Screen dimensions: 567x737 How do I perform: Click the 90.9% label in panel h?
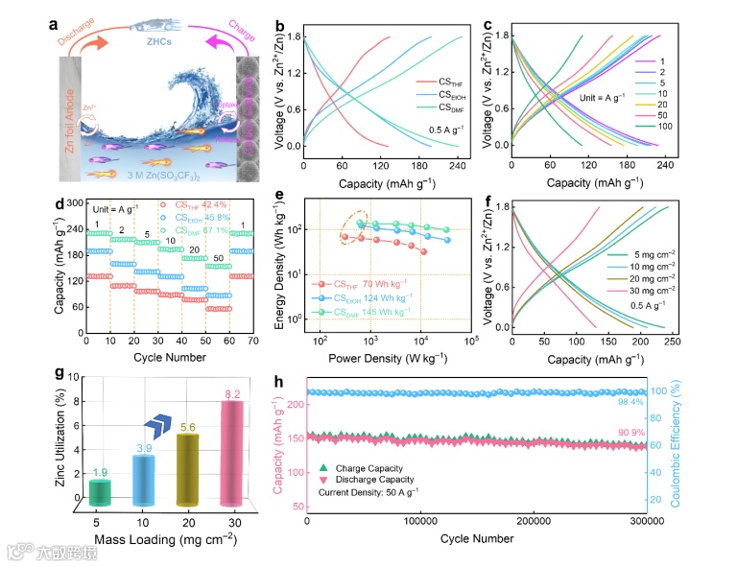click(x=630, y=432)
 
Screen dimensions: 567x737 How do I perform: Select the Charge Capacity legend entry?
click(x=370, y=467)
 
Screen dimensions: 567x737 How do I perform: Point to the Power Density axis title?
click(x=380, y=359)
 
